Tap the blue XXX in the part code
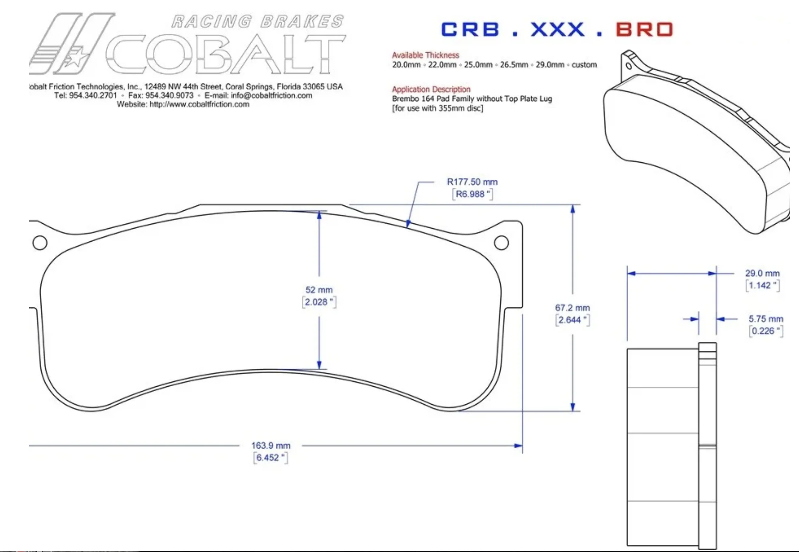pyautogui.click(x=557, y=29)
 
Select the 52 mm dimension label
pyautogui.click(x=319, y=290)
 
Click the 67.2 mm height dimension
pyautogui.click(x=572, y=308)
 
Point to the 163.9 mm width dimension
pyautogui.click(x=271, y=446)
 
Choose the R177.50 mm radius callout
pyautogui.click(x=472, y=182)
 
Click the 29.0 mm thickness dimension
pyautogui.click(x=762, y=273)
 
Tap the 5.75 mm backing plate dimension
pyautogui.click(x=766, y=319)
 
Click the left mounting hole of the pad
pyautogui.click(x=40, y=243)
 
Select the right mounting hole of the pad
pyautogui.click(x=502, y=243)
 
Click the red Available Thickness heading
pyautogui.click(x=425, y=55)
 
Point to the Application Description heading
pyautogui.click(x=431, y=89)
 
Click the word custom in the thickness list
pyautogui.click(x=584, y=65)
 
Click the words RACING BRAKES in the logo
pyautogui.click(x=257, y=22)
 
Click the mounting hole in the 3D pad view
pyautogui.click(x=629, y=66)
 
